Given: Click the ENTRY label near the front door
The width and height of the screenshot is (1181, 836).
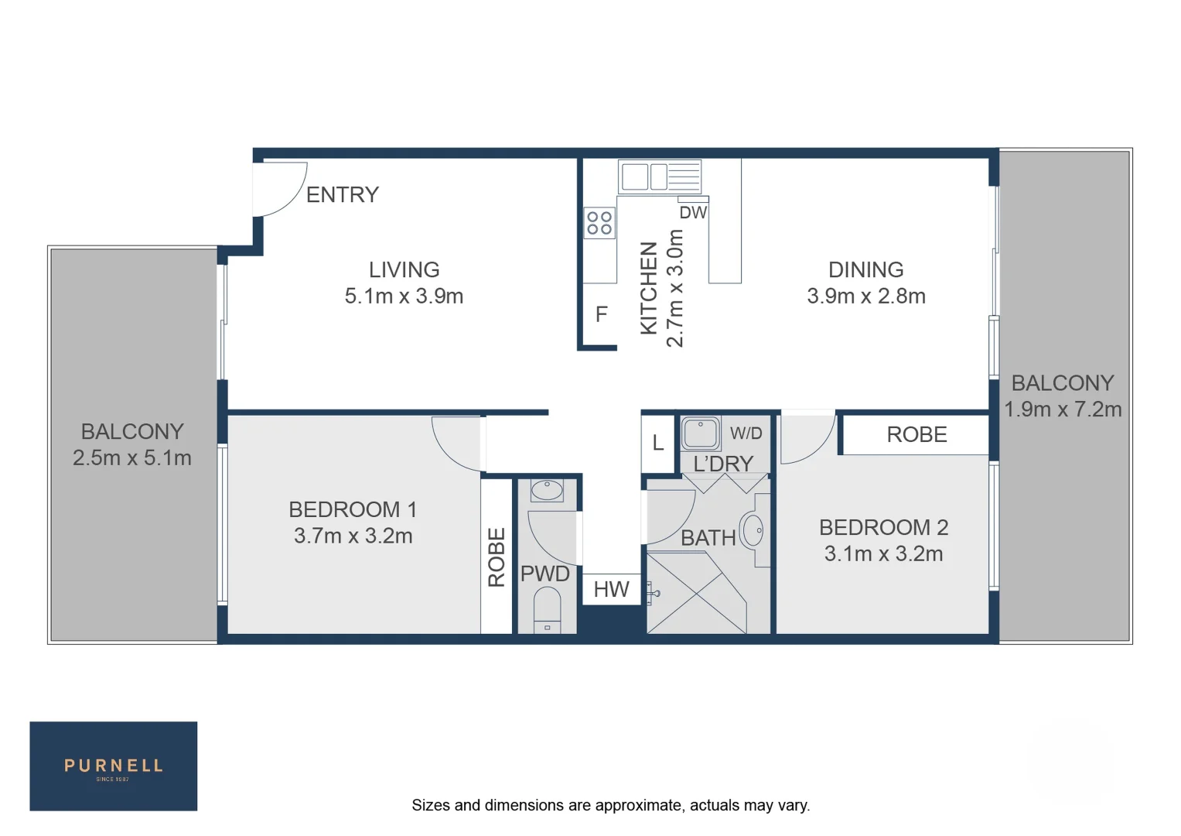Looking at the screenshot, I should point(343,194).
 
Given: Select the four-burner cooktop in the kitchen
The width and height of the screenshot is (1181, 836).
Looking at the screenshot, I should point(599,223).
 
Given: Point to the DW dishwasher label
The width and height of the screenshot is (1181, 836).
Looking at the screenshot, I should point(693,212).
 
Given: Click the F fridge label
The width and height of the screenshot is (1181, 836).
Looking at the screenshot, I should point(601,314).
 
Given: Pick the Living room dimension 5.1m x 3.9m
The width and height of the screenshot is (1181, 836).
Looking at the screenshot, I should point(404,296).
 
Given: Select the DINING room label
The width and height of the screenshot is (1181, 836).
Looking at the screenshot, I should point(865,269).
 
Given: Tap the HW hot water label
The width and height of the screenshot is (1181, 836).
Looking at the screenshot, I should point(611,589).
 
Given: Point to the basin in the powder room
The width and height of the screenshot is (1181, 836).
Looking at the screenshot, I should point(548,491).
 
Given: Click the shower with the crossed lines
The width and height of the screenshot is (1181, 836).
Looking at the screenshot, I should point(696,593).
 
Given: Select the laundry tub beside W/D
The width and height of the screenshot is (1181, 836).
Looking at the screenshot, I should point(701,433).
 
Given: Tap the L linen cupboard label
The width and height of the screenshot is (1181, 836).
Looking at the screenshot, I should point(658,443).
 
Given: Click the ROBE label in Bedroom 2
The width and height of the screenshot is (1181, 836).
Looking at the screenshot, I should point(916,434).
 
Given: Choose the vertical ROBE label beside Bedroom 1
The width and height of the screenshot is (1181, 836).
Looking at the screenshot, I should point(497,557).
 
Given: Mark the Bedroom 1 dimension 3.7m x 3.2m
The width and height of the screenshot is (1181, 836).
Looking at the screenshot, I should point(353,536).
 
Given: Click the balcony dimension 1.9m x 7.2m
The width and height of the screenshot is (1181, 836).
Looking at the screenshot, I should point(1063,409).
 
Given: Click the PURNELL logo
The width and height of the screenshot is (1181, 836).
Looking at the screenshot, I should point(114,766).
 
